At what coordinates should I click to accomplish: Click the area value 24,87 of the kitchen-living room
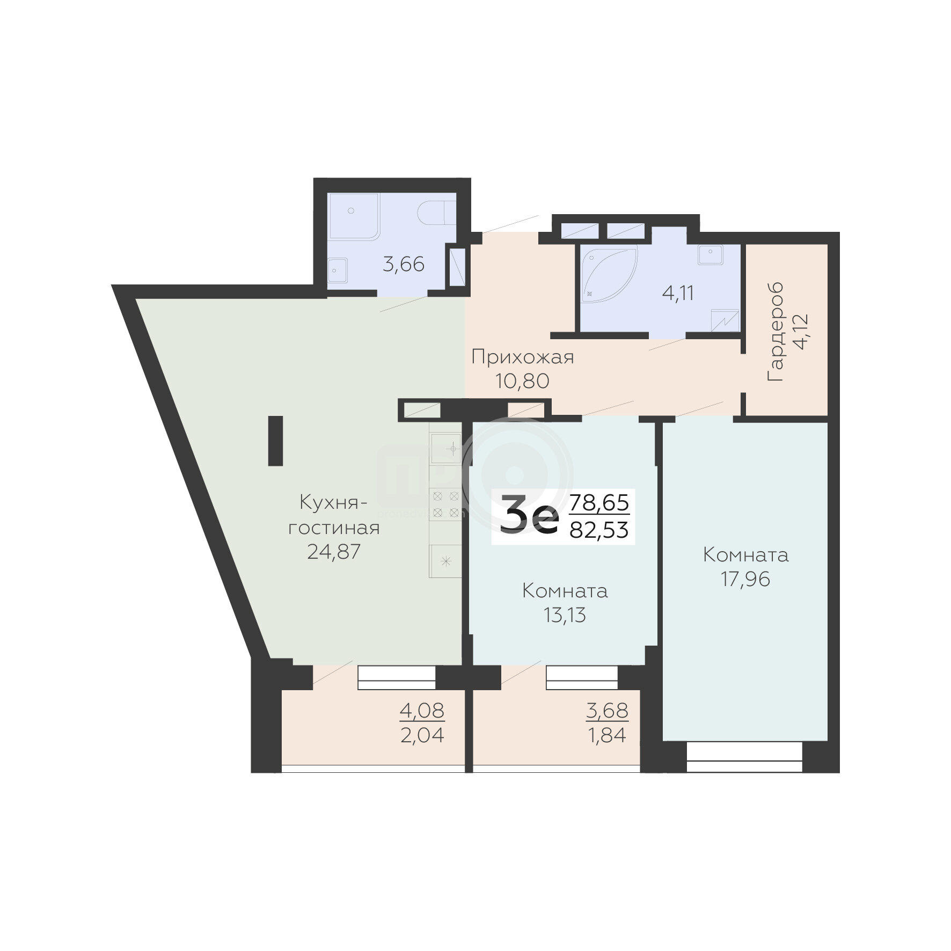pyautogui.click(x=333, y=552)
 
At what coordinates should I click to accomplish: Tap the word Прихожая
pyautogui.click(x=523, y=357)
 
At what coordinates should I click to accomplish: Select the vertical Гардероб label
pyautogui.click(x=776, y=332)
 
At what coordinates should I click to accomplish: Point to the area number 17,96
pyautogui.click(x=745, y=579)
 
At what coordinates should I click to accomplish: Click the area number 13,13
pyautogui.click(x=565, y=615)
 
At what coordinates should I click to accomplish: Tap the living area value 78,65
pyautogui.click(x=599, y=503)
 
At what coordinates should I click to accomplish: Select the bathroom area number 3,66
pyautogui.click(x=404, y=264)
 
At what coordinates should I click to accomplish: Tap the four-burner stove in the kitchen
pyautogui.click(x=445, y=504)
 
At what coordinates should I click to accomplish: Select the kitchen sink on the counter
pyautogui.click(x=445, y=449)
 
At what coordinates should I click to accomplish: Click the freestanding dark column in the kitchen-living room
pyautogui.click(x=275, y=441)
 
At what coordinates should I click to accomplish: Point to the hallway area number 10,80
pyautogui.click(x=523, y=381)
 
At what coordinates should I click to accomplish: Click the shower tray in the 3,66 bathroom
pyautogui.click(x=354, y=216)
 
